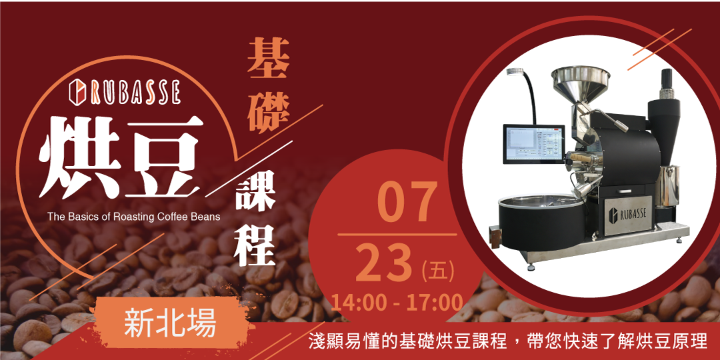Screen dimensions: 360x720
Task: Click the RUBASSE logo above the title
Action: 125,92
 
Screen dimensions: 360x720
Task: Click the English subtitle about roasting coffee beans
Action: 133,217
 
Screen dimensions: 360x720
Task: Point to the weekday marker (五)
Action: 438,270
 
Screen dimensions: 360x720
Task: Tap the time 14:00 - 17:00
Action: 397,301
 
